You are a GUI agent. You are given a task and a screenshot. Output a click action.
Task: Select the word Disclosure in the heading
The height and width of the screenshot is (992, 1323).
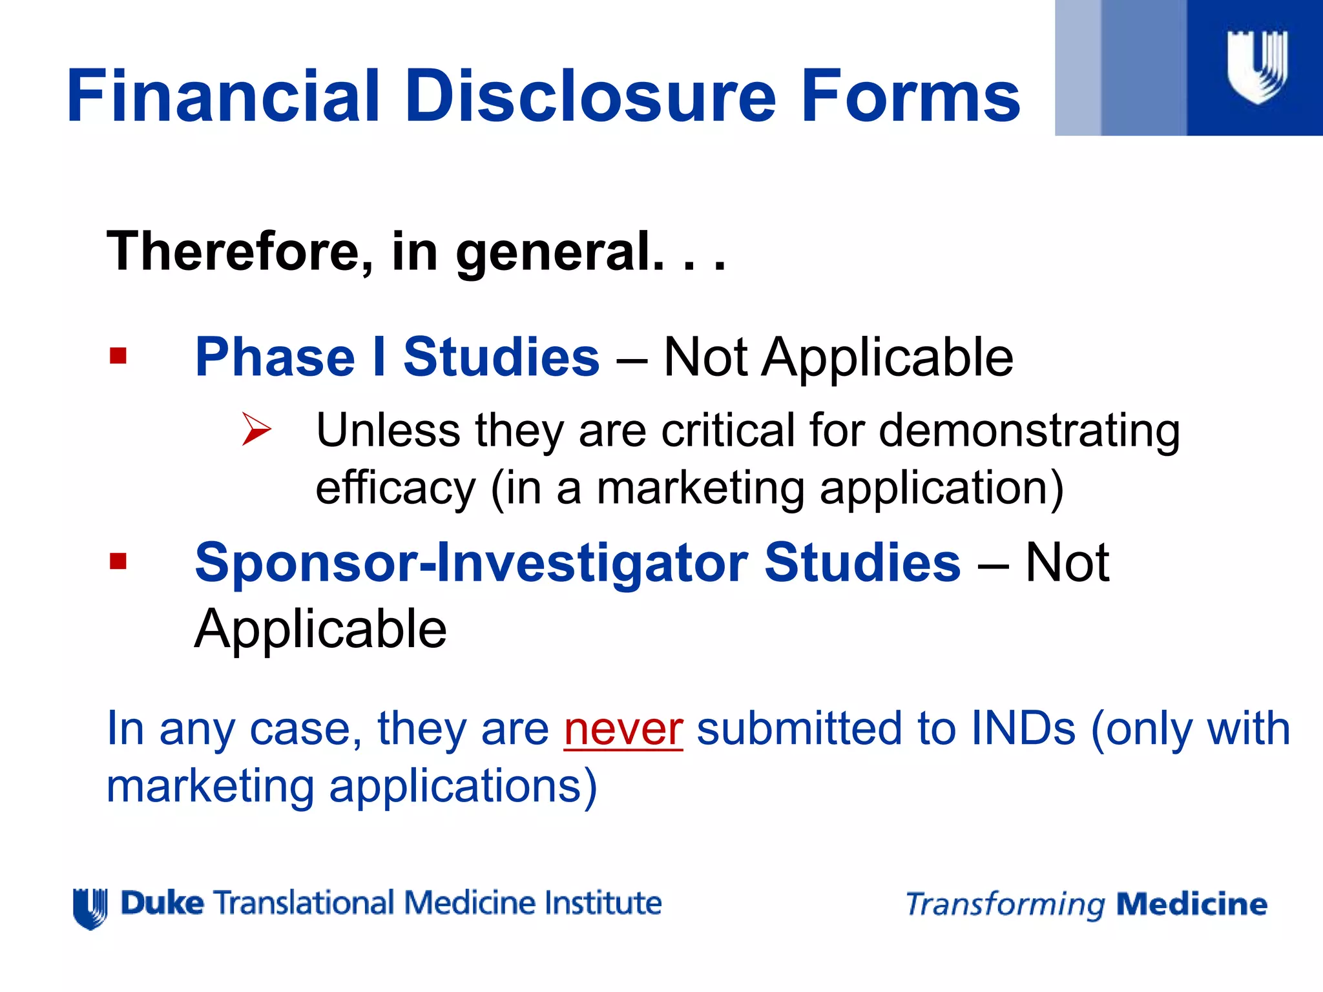pos(590,97)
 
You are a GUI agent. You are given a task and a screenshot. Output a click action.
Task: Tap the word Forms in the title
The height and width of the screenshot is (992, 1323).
pos(911,97)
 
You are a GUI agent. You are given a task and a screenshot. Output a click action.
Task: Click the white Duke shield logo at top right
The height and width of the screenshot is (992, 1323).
pos(1257,67)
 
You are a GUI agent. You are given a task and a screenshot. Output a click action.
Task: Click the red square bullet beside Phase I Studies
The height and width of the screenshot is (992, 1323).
pos(118,356)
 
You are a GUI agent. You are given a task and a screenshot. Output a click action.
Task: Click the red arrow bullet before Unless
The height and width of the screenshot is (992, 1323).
pos(256,429)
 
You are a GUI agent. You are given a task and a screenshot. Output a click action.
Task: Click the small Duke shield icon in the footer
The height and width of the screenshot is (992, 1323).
pos(90,907)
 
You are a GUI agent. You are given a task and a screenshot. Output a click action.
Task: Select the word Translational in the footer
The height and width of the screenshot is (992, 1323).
pos(304,903)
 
